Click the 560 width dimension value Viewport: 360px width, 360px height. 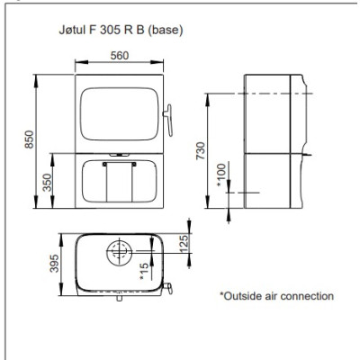pos(120,56)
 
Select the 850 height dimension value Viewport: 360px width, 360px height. pos(29,139)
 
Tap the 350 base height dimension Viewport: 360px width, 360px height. pos(47,183)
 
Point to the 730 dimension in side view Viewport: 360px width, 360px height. pos(201,151)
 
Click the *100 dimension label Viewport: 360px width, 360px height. pos(221,175)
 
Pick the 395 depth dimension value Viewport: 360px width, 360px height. pos(54,264)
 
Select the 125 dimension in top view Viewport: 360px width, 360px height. pos(184,244)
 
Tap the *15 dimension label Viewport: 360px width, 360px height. pos(144,272)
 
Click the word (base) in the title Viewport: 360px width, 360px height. pos(166,31)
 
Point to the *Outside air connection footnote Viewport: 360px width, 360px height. pos(276,296)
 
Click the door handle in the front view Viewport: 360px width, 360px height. pos(168,120)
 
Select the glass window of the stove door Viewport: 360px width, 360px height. pos(120,113)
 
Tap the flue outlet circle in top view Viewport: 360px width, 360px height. pos(119,254)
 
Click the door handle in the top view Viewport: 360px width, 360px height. pos(168,288)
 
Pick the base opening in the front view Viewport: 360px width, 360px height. pos(120,181)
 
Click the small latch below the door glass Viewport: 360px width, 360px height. pos(119,155)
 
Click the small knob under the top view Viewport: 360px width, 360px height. pos(119,299)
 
